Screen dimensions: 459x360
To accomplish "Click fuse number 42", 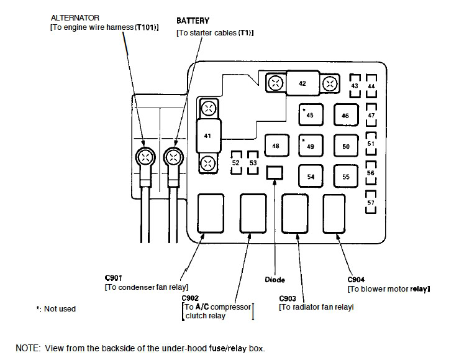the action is (x=302, y=83).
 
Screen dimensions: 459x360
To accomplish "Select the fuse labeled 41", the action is (x=208, y=136).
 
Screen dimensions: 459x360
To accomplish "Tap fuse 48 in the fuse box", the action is (x=276, y=145).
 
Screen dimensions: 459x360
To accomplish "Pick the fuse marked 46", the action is (x=346, y=115).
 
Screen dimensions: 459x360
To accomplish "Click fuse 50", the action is (x=346, y=146).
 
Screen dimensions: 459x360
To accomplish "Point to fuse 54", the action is (x=311, y=176).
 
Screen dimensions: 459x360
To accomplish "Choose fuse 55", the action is (x=346, y=176).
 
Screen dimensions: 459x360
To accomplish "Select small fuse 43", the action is (x=355, y=86).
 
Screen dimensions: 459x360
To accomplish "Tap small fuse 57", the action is (x=371, y=202).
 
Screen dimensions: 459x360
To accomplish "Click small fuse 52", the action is (x=236, y=162).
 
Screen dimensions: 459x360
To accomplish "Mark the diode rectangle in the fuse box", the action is (x=275, y=172).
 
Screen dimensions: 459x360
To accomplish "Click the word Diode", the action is (x=275, y=280).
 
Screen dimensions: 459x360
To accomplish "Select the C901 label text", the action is (x=113, y=278).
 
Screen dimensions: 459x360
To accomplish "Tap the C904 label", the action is (x=357, y=280).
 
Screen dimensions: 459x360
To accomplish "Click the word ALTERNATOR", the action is (x=75, y=18).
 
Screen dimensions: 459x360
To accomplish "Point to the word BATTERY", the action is (x=193, y=21).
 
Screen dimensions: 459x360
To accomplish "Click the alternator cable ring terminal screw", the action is (x=145, y=157).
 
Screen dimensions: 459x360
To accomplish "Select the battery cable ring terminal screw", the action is (x=173, y=157).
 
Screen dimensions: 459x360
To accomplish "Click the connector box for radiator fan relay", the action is (x=295, y=213).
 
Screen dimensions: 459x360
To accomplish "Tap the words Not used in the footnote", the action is (x=60, y=309).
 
